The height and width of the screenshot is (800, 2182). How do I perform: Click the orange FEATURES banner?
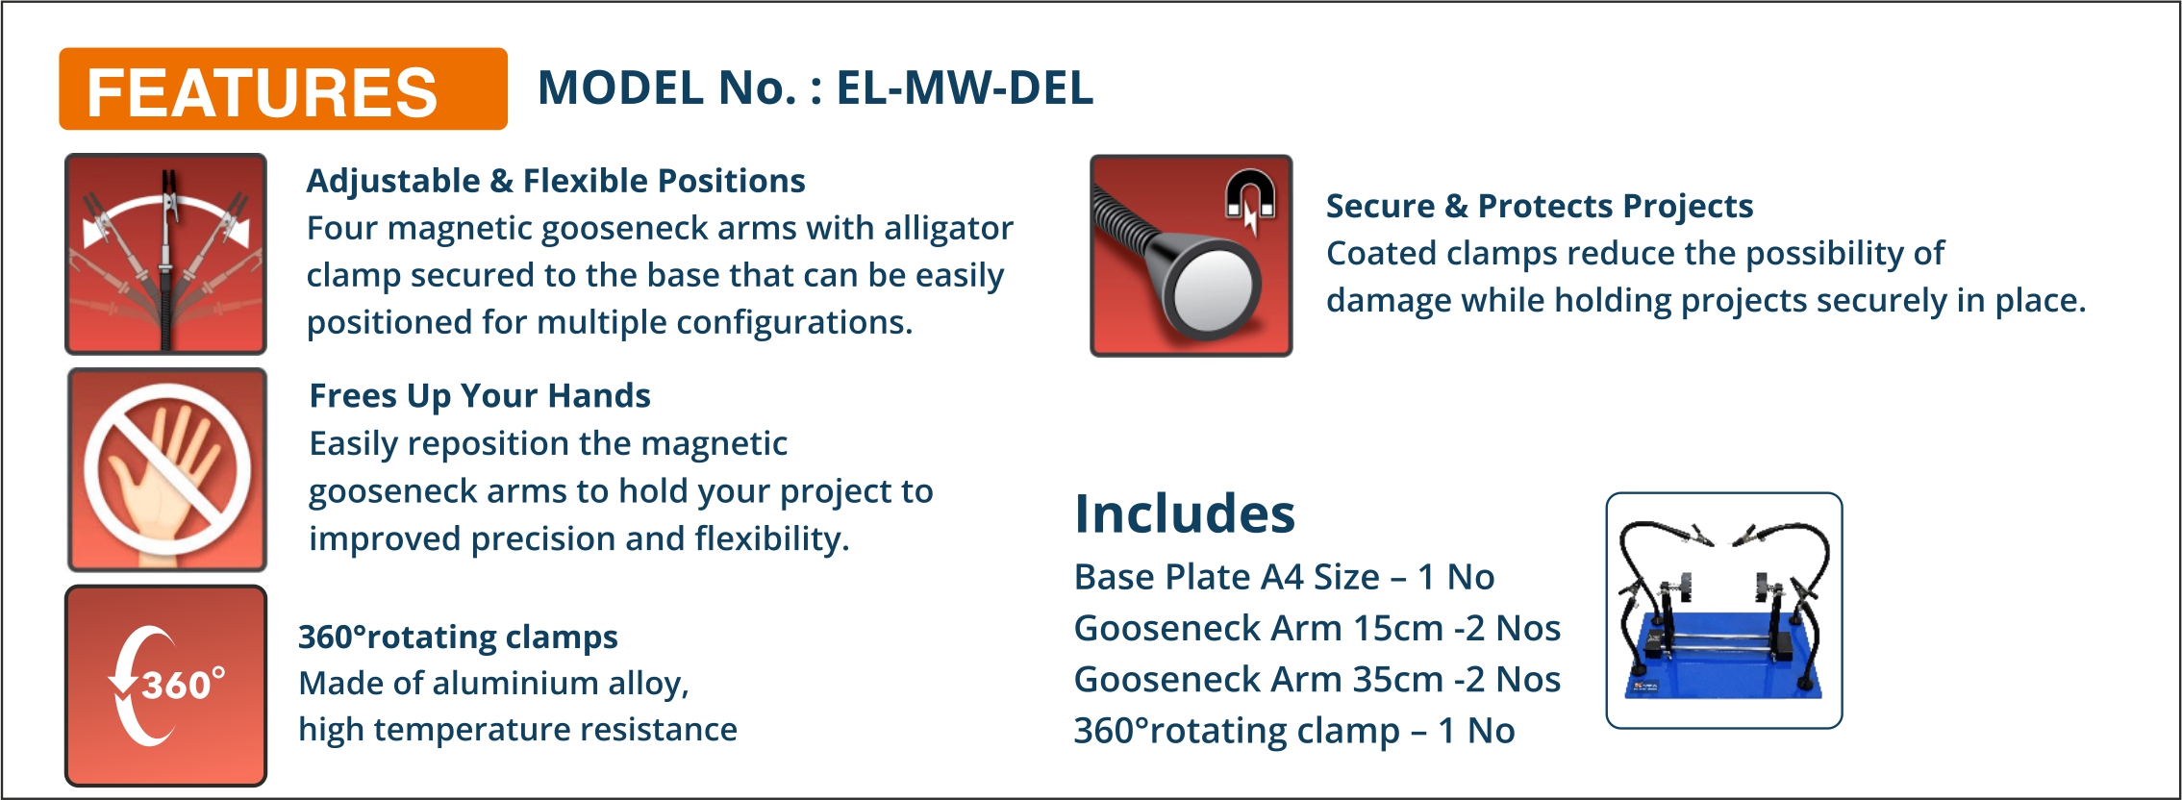pyautogui.click(x=283, y=88)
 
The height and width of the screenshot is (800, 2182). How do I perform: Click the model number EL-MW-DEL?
pyautogui.click(x=965, y=87)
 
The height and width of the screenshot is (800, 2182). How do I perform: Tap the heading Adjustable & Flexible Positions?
pyautogui.click(x=556, y=181)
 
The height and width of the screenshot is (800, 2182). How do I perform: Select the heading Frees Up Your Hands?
pyautogui.click(x=480, y=396)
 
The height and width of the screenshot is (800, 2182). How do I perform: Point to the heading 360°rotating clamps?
pyautogui.click(x=458, y=637)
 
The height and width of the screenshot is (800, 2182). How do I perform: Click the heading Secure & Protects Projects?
pyautogui.click(x=1540, y=206)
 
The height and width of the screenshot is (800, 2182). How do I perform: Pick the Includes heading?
pyautogui.click(x=1185, y=512)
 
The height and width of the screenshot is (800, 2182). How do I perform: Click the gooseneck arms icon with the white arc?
pyautogui.click(x=165, y=254)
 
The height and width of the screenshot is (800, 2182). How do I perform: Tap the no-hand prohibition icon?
pyautogui.click(x=167, y=469)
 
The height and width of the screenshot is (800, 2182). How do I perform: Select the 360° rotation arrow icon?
pyautogui.click(x=165, y=686)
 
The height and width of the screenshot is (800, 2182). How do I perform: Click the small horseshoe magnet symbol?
pyautogui.click(x=1250, y=197)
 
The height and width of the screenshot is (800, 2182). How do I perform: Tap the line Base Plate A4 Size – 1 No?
pyautogui.click(x=1284, y=577)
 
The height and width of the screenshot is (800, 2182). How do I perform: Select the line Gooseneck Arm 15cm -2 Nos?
pyautogui.click(x=1317, y=628)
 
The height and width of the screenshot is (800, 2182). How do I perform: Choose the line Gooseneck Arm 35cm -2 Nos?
pyautogui.click(x=1317, y=679)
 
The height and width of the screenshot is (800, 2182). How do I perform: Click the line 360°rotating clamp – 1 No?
pyautogui.click(x=1294, y=731)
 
